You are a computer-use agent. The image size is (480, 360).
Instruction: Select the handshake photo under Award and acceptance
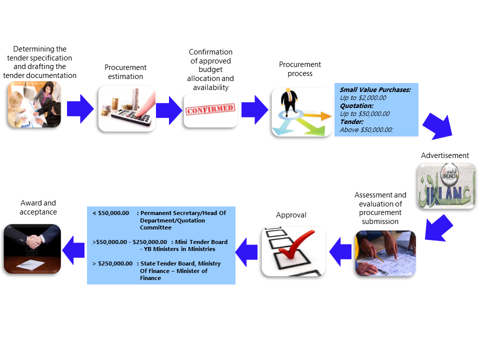pyautogui.click(x=32, y=248)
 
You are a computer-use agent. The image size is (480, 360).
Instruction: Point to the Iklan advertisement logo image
pyautogui.click(x=446, y=186)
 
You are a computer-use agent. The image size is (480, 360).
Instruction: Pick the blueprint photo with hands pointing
pyautogui.click(x=385, y=253)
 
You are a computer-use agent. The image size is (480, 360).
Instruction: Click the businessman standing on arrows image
pyautogui.click(x=301, y=112)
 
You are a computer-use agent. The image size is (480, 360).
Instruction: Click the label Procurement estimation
pyautogui.click(x=125, y=72)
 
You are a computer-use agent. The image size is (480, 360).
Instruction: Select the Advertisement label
pyautogui.click(x=445, y=155)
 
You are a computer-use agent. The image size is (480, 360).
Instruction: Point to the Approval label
pyautogui.click(x=291, y=215)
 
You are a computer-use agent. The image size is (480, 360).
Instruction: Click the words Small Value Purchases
pyautogui.click(x=375, y=90)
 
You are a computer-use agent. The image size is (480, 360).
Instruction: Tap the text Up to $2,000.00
pyautogui.click(x=363, y=98)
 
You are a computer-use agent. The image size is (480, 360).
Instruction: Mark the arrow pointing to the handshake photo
pyautogui.click(x=73, y=248)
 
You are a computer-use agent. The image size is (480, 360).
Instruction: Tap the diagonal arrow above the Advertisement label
pyautogui.click(x=437, y=125)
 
